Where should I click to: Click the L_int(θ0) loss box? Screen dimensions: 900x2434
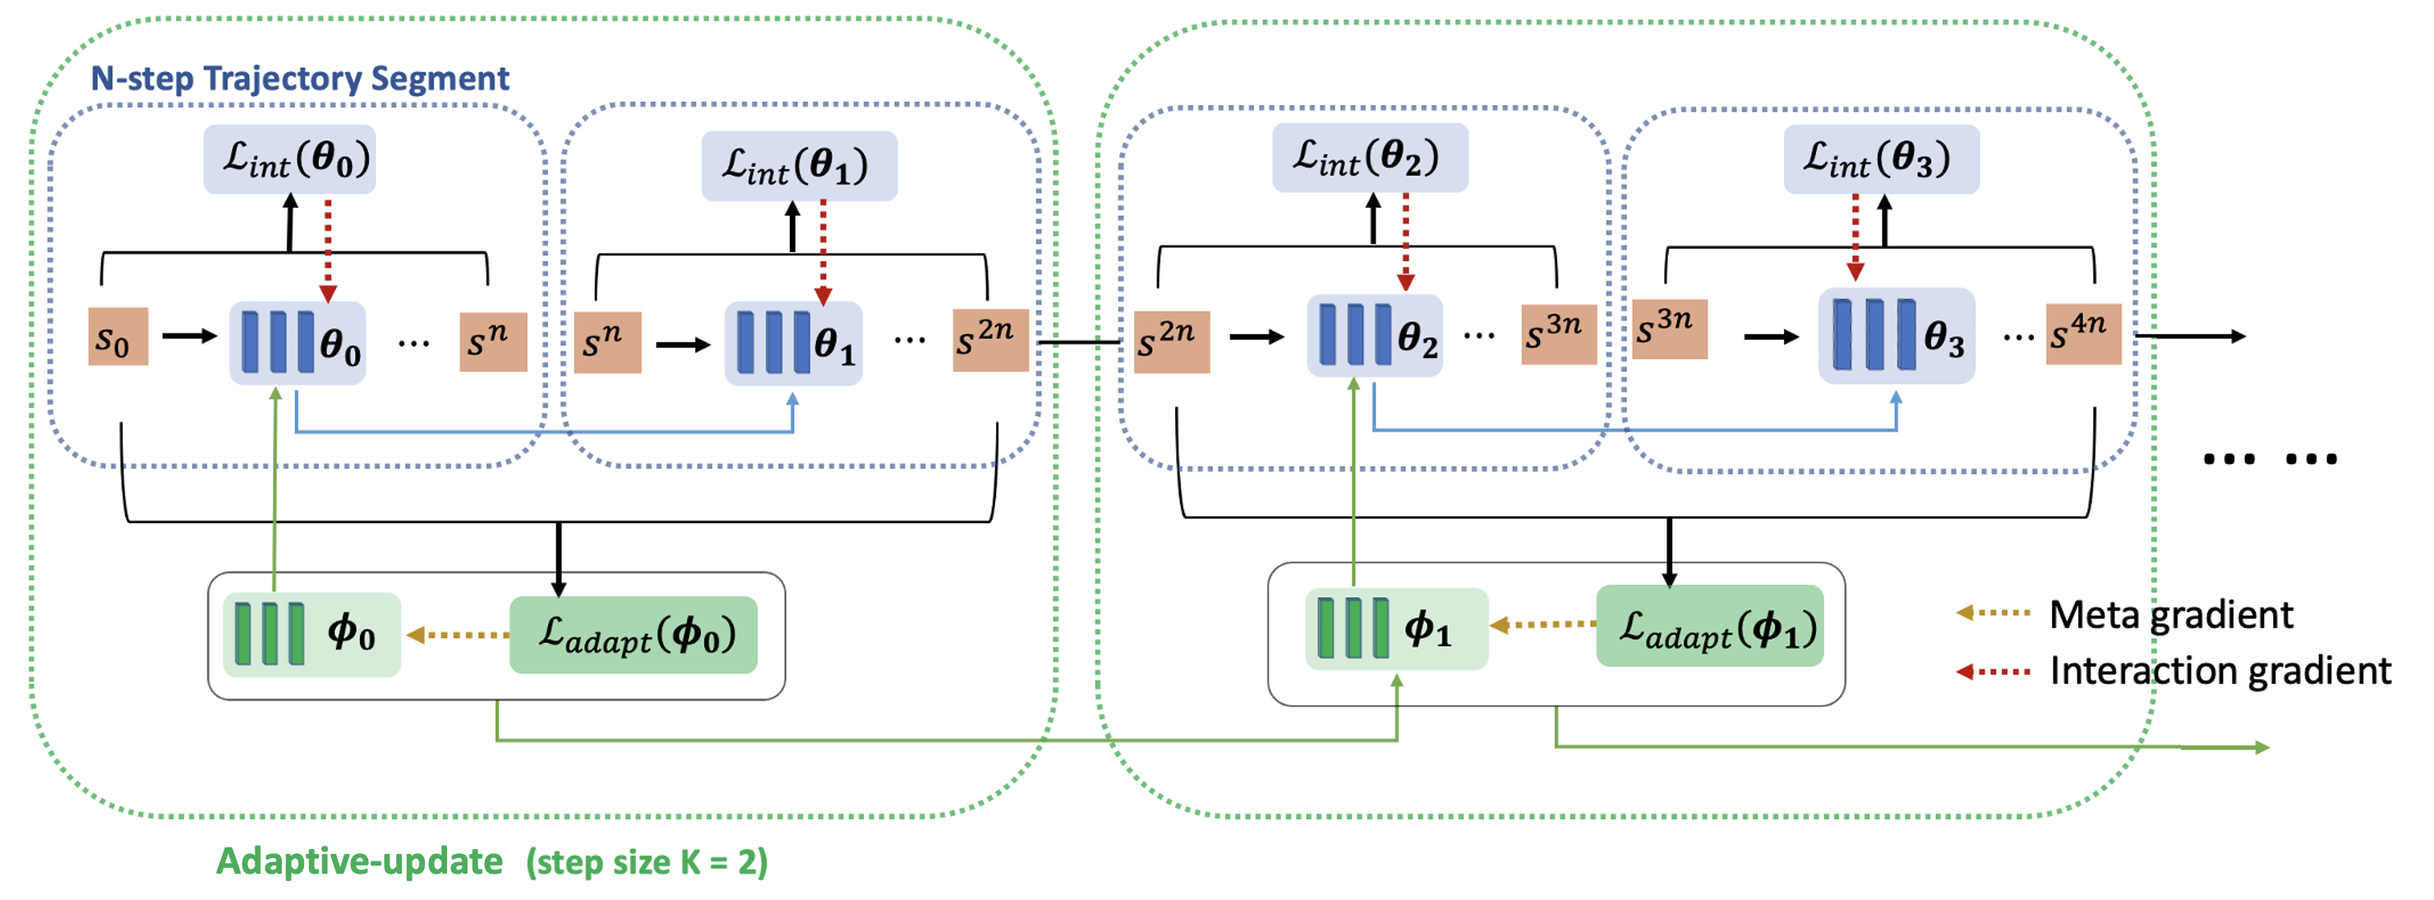(289, 159)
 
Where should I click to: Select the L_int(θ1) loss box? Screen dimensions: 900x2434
(799, 165)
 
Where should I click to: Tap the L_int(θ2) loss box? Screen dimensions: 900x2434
(1369, 158)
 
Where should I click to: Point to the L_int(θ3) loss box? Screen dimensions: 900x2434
(1880, 159)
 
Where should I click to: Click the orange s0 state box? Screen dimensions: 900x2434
(118, 337)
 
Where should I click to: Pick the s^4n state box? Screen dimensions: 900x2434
(2082, 334)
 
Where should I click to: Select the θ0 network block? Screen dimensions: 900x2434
(297, 342)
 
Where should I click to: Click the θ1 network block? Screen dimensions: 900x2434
(793, 342)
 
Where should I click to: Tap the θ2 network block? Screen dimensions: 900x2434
(1374, 336)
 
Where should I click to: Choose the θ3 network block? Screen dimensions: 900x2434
(1896, 336)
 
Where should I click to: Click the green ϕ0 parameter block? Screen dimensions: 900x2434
(311, 635)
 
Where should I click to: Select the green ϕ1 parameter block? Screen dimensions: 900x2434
(1395, 629)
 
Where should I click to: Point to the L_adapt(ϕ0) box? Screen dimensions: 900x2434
(633, 635)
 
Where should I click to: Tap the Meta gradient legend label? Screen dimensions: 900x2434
(2170, 615)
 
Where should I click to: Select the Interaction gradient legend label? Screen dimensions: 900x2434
(2220, 672)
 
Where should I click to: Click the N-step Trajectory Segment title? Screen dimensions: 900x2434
(300, 78)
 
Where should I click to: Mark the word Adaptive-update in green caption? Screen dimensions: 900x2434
(359, 861)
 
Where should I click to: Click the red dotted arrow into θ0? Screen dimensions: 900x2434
(328, 250)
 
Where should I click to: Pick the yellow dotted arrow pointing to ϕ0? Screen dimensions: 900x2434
(458, 635)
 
